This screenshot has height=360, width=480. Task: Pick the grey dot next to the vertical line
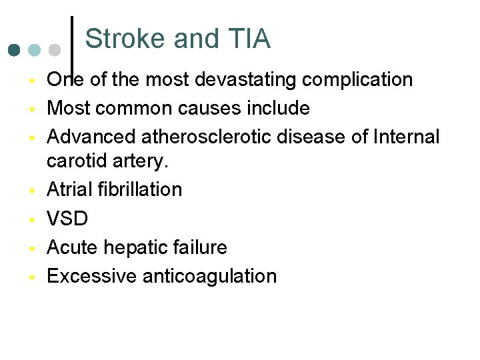click(55, 50)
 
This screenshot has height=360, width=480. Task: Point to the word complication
click(357, 80)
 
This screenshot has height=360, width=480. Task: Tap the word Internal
click(406, 137)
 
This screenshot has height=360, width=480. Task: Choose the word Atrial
click(69, 189)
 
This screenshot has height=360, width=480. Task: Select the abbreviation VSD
click(67, 219)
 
